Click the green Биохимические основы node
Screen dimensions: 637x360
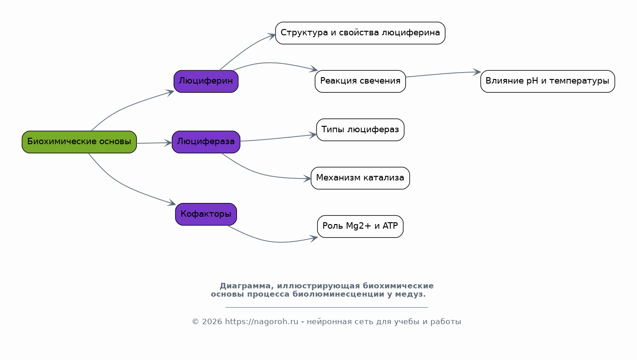[x=79, y=142]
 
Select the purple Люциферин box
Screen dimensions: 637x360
[x=206, y=81]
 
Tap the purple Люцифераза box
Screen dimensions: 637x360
[x=206, y=142]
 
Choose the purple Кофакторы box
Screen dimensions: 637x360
[x=206, y=214]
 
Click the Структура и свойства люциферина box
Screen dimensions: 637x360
[x=360, y=33]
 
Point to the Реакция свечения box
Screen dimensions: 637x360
[x=360, y=81]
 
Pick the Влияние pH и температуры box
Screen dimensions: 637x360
[x=547, y=81]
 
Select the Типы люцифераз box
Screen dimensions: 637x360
[x=360, y=129]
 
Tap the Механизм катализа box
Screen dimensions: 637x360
[x=360, y=178]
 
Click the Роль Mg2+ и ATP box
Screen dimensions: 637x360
[x=360, y=226]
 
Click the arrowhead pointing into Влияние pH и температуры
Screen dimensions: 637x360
[x=477, y=72]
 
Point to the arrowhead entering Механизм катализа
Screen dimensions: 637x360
[x=307, y=179]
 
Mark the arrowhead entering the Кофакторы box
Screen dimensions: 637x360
[x=172, y=202]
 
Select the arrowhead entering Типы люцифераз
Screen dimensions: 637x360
[x=313, y=135]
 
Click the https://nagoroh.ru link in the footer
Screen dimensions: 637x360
[x=262, y=321]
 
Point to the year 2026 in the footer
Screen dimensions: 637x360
[x=212, y=321]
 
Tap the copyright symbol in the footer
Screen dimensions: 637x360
[x=195, y=321]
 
